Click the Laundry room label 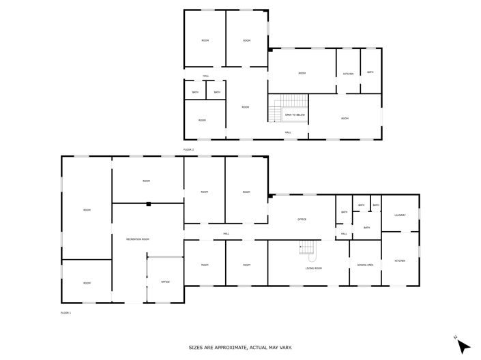[400, 215]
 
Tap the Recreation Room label [137, 239]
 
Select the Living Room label [313, 268]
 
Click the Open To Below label [295, 115]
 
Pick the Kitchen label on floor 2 [347, 73]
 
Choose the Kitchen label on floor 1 [400, 260]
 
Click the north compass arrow [463, 346]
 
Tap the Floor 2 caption [189, 149]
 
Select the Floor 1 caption [65, 312]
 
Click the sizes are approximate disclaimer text [240, 347]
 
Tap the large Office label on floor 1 [301, 219]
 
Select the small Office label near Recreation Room [165, 282]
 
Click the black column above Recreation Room [148, 203]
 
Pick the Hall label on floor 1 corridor [225, 234]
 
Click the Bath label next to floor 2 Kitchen [370, 72]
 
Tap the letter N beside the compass [455, 337]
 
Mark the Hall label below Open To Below [288, 132]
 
